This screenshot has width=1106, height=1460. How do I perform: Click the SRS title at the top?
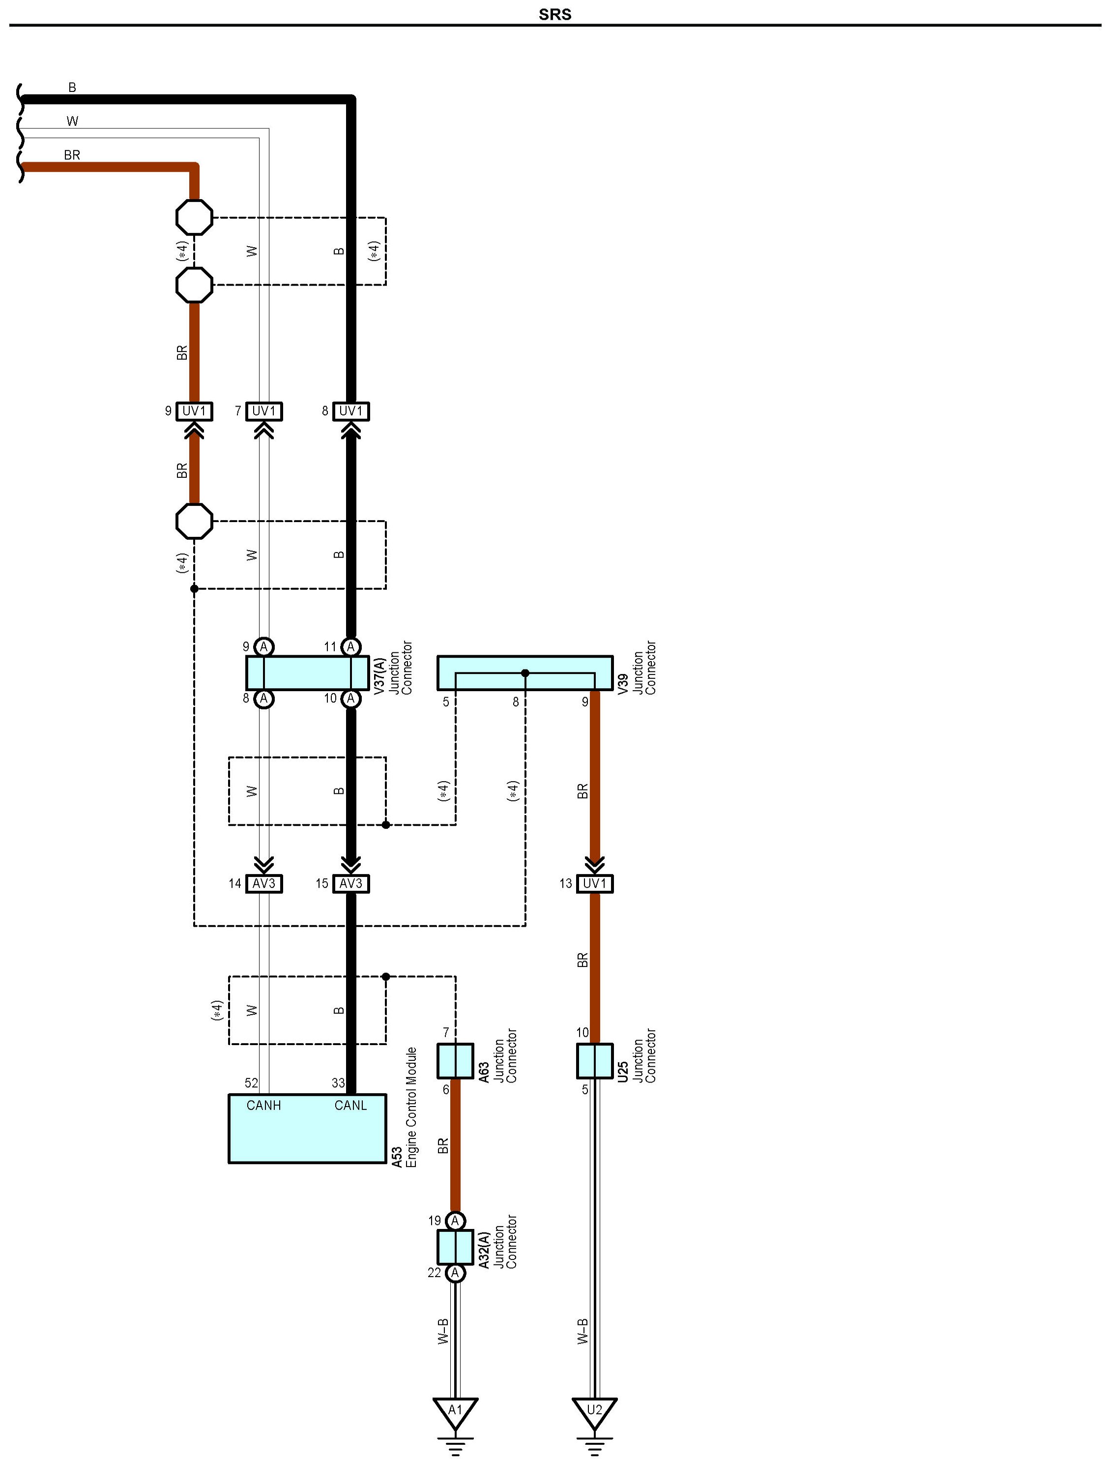(x=554, y=15)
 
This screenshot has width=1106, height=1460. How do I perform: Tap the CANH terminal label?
(x=263, y=1106)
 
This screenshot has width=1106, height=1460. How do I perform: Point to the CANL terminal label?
(x=350, y=1106)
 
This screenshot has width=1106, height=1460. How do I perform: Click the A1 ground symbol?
(x=455, y=1412)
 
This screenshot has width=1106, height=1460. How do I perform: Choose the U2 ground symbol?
(x=595, y=1412)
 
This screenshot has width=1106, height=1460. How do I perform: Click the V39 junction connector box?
(x=524, y=672)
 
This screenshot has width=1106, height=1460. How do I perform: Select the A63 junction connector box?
(x=455, y=1061)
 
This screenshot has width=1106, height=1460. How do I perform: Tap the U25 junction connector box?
(x=595, y=1061)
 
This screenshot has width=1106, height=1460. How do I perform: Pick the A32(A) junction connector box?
(x=455, y=1247)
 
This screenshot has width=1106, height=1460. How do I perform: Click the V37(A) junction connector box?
(x=307, y=672)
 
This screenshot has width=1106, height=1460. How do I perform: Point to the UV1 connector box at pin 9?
(x=194, y=411)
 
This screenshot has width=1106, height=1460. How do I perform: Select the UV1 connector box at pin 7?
(x=264, y=411)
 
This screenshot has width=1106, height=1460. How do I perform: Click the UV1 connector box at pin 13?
(x=595, y=884)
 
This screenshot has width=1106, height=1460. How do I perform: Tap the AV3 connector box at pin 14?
(x=264, y=884)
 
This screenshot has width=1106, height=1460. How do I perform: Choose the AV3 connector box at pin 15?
(x=350, y=884)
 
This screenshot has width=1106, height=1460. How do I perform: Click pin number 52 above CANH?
(x=251, y=1083)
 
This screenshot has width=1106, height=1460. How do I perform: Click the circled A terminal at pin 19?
(x=455, y=1221)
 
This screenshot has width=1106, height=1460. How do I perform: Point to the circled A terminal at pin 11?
(x=351, y=647)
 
